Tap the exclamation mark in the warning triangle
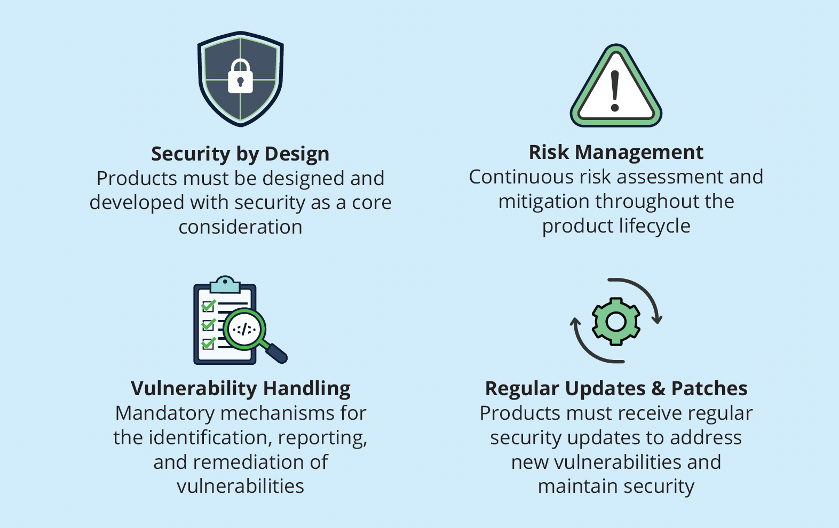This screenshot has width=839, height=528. [x=615, y=91]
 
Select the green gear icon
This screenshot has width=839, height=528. [x=616, y=321]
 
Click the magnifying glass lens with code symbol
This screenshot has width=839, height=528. [x=244, y=329]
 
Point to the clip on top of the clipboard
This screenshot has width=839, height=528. [x=225, y=284]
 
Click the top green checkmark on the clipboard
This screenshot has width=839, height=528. [x=209, y=306]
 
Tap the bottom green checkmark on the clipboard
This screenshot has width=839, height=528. [x=209, y=342]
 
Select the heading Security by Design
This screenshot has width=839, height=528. [x=240, y=154]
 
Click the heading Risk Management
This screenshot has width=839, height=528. [x=616, y=153]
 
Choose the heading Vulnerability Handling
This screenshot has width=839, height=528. [x=241, y=388]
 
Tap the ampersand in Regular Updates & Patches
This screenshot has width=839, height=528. [x=659, y=388]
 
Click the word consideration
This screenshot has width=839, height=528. [x=241, y=227]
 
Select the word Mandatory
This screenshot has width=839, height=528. [x=164, y=414]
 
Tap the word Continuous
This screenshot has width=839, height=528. [x=521, y=177]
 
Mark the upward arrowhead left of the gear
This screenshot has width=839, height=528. [x=575, y=322]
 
